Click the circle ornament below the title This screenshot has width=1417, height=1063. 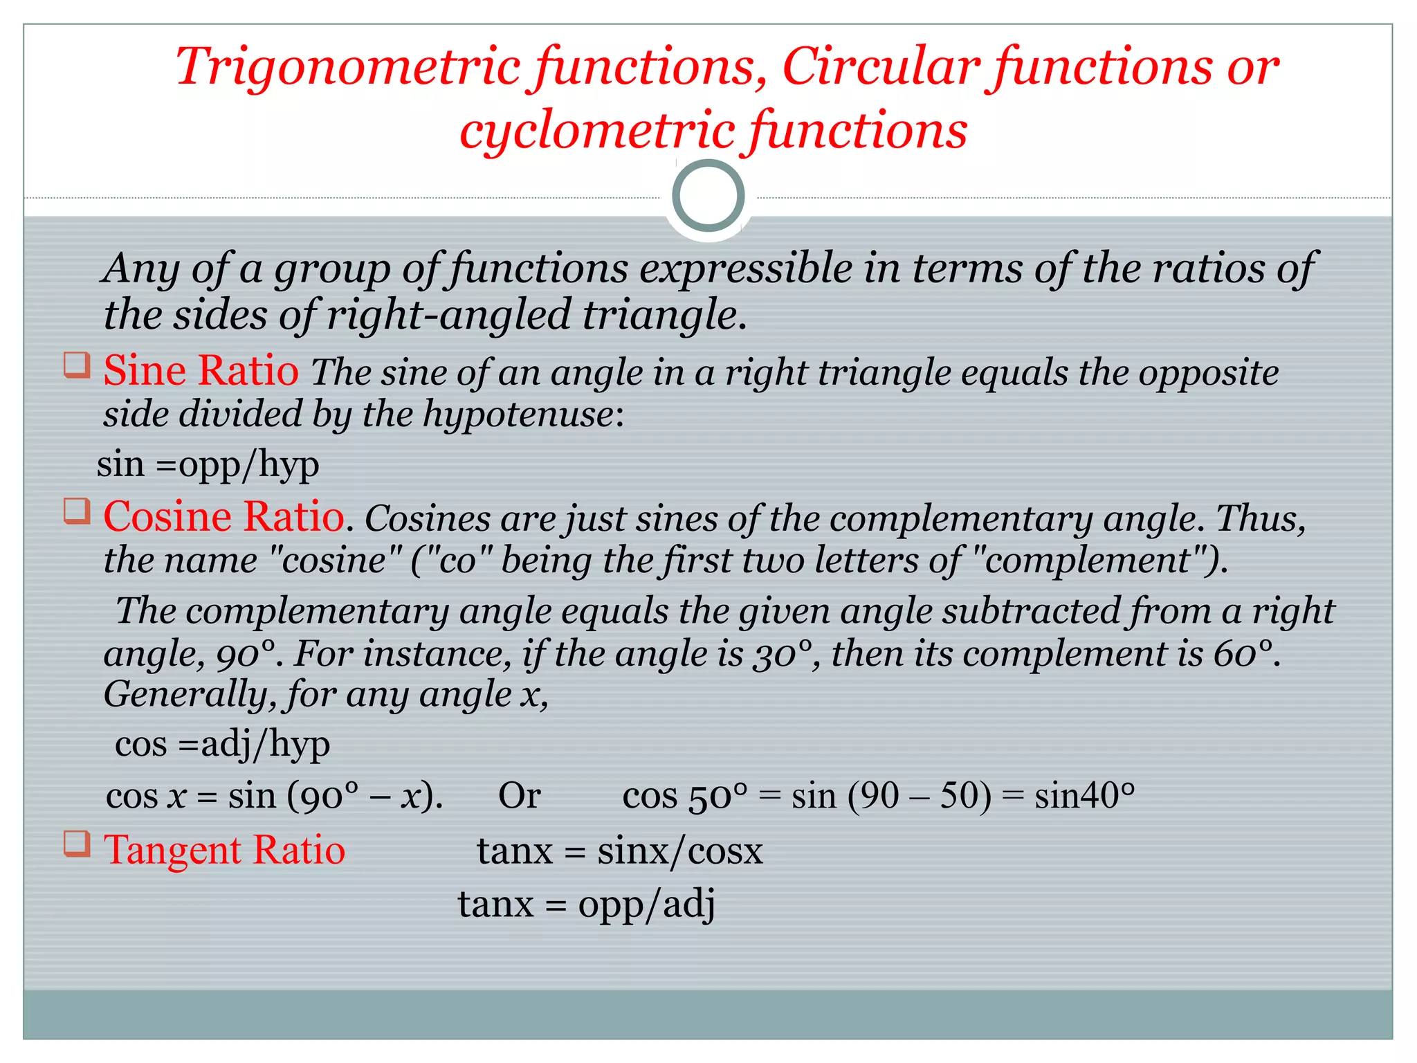[x=708, y=196]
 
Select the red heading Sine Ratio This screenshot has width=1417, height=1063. [x=201, y=370]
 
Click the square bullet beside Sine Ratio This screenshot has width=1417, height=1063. [x=77, y=365]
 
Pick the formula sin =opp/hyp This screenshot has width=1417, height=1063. [x=208, y=464]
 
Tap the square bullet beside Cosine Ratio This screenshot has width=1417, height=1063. [x=77, y=511]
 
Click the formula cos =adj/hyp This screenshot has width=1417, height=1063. [x=222, y=745]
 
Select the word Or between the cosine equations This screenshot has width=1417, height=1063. [x=519, y=796]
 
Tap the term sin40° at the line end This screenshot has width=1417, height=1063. [x=1084, y=796]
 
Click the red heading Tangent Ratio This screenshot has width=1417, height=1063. [x=224, y=850]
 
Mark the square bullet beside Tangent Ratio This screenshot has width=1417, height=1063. [x=77, y=844]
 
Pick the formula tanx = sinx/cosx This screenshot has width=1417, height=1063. [x=619, y=851]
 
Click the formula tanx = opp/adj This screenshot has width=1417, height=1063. [x=586, y=904]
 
